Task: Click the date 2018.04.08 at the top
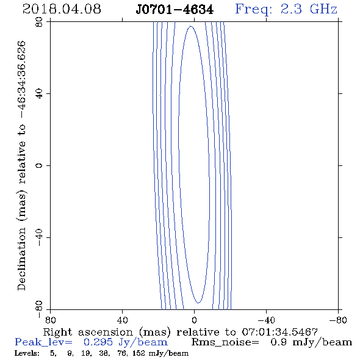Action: click(x=62, y=9)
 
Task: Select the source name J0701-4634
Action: click(x=175, y=10)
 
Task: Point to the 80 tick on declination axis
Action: click(x=39, y=22)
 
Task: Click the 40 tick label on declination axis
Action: click(x=39, y=94)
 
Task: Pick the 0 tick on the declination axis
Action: click(x=39, y=165)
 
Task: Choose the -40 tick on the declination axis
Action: click(x=39, y=237)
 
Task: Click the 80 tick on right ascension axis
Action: click(x=50, y=320)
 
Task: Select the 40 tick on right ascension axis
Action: click(x=122, y=320)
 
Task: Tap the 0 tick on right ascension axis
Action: click(x=194, y=320)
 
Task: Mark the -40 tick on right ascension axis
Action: click(x=266, y=320)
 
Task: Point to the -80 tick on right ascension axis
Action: click(x=338, y=320)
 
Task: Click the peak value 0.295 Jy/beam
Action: click(x=125, y=342)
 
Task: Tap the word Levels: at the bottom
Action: click(x=27, y=353)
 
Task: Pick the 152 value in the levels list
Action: click(x=139, y=353)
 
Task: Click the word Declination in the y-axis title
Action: click(x=21, y=259)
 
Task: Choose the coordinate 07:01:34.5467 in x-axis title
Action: click(x=279, y=332)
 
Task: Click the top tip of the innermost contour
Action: click(x=191, y=26)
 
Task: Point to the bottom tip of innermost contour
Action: click(x=198, y=303)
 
